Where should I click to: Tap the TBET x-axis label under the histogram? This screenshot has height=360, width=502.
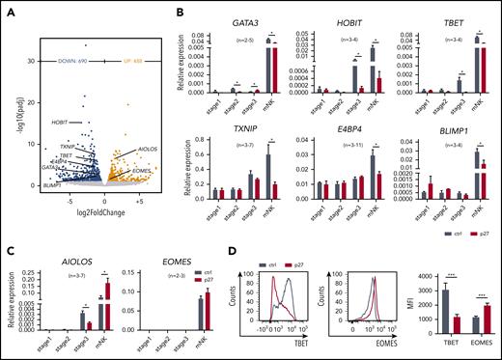click(289, 343)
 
